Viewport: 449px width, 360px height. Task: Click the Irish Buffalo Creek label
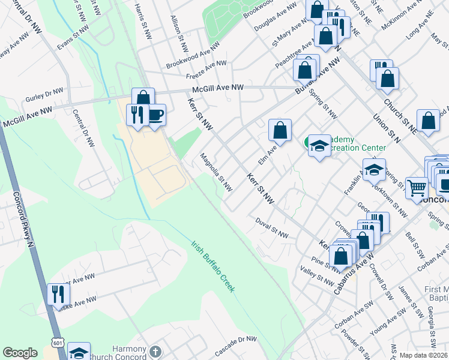[213, 267]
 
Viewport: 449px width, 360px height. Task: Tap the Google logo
[20, 353]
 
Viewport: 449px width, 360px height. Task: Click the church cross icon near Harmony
[155, 351]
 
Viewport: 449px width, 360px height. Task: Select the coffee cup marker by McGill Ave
[155, 115]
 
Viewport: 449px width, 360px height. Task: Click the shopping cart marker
[417, 188]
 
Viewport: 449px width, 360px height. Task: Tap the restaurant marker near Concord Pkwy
[59, 294]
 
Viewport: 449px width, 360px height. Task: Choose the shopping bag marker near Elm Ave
[280, 130]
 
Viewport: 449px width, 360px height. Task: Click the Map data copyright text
[423, 355]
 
